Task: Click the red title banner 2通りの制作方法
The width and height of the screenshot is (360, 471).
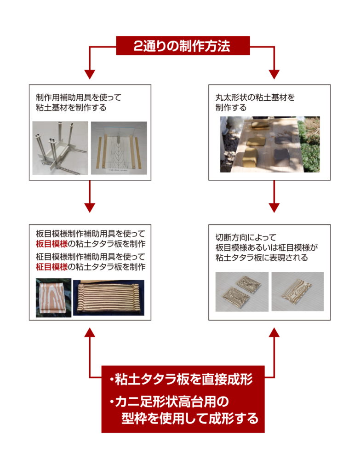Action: tap(183, 46)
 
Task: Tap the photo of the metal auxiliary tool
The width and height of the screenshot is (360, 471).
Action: tap(60, 148)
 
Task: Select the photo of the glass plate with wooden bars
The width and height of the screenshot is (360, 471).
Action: tap(119, 148)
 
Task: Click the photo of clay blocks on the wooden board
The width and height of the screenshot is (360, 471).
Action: tap(270, 144)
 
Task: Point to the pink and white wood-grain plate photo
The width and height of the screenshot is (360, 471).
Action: tap(53, 298)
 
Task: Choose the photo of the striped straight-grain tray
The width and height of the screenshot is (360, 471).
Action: tap(109, 298)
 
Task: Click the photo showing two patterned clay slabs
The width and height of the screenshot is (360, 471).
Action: tap(242, 292)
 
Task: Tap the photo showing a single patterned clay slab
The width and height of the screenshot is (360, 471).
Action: tap(297, 291)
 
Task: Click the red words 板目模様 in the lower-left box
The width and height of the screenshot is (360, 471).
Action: tap(51, 244)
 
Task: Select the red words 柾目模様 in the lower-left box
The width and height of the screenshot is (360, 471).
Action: tap(51, 266)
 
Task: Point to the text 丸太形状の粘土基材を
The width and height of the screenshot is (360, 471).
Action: tap(255, 98)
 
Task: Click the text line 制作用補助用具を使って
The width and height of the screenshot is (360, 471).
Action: tap(78, 98)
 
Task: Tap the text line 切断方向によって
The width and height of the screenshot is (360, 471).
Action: tap(246, 237)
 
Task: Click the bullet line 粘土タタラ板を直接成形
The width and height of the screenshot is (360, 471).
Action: tap(181, 379)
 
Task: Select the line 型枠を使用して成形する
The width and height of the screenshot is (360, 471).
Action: tap(190, 418)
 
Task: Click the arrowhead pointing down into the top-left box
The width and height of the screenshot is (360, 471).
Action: tap(90, 74)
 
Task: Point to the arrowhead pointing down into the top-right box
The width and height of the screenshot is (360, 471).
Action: tap(274, 74)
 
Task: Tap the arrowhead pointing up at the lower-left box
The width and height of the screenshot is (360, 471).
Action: tap(90, 332)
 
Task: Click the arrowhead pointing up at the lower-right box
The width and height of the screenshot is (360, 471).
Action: tap(274, 332)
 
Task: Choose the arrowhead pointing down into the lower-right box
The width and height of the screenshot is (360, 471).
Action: tap(274, 208)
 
